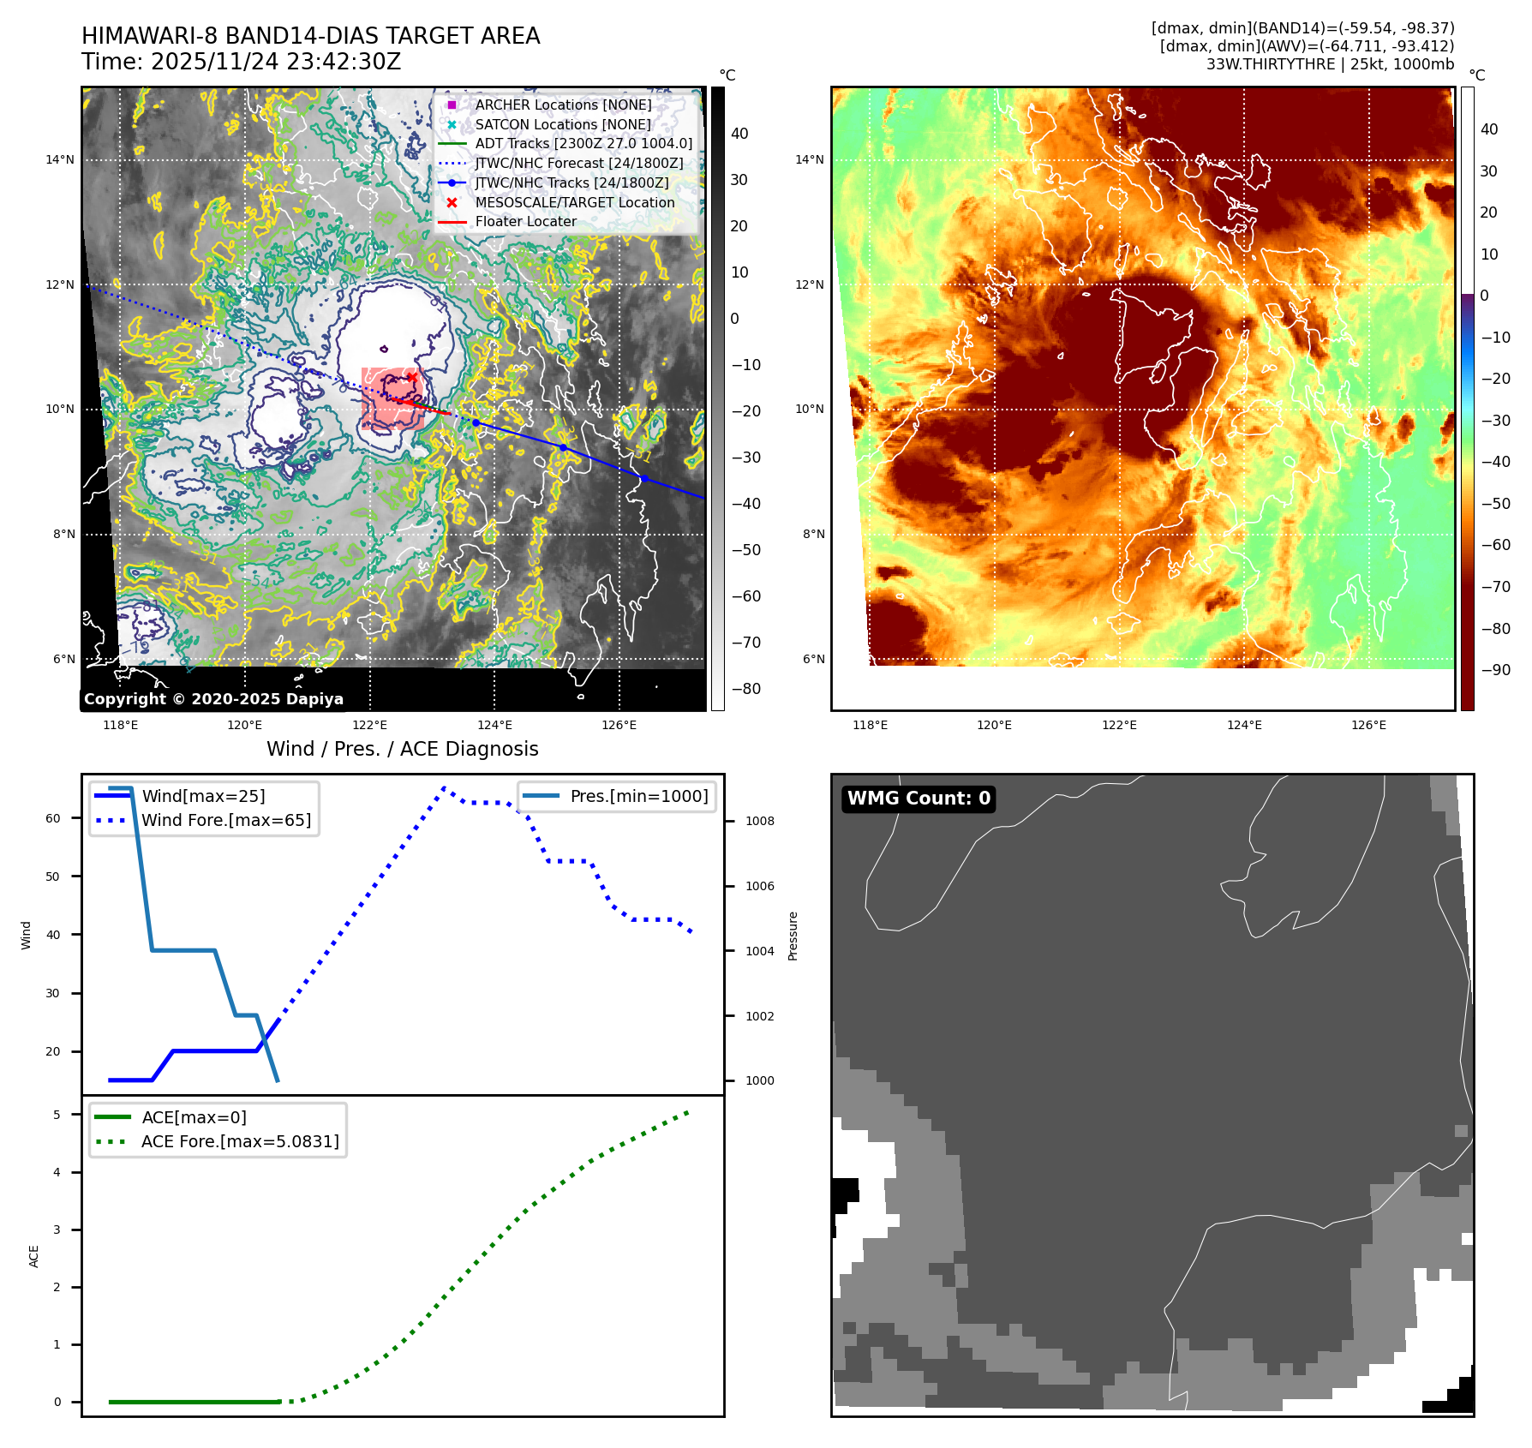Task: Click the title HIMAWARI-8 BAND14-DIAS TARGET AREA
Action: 310,36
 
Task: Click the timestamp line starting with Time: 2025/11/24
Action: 241,62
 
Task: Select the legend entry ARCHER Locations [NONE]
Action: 563,105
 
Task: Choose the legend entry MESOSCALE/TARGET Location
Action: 574,202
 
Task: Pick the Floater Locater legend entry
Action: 525,221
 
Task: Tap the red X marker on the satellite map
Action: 412,377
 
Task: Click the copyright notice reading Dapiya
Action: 213,699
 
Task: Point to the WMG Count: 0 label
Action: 918,799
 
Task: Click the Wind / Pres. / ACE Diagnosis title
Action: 402,749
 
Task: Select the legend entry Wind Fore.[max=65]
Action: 226,820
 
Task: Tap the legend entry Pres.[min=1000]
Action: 638,796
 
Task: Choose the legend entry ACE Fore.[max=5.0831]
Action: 240,1141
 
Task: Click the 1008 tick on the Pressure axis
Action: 759,821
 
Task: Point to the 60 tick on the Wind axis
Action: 53,818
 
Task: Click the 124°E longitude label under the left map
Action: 494,725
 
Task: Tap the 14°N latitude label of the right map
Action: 809,159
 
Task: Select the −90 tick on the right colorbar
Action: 1496,670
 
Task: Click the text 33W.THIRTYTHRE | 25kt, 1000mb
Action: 1330,64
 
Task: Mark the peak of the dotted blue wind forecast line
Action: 444,787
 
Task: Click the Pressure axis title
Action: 793,936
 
